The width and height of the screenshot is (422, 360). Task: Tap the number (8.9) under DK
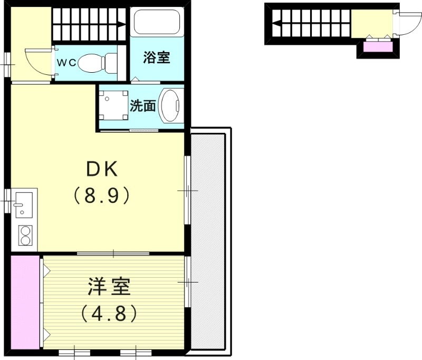coord(101,196)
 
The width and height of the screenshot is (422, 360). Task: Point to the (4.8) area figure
coord(109,314)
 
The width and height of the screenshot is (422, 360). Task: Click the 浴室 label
coord(157,57)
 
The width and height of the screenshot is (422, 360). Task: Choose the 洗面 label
coord(143,106)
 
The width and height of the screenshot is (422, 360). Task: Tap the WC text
coord(66,63)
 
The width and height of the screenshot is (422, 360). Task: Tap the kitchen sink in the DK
coord(24,205)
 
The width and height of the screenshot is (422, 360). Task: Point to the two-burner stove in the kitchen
coord(25,235)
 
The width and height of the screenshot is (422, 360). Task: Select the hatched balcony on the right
coord(208,242)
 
